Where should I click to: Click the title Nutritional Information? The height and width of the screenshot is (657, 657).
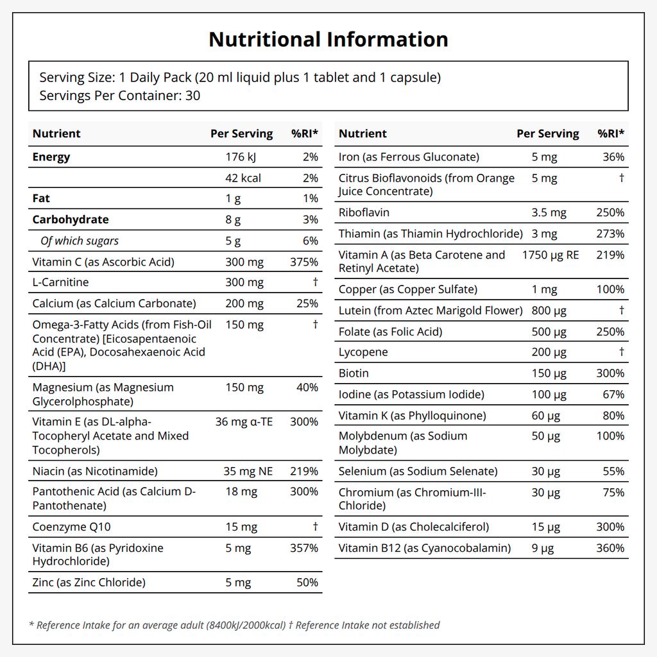point(328,39)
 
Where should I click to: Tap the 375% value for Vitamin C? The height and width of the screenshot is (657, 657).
point(304,262)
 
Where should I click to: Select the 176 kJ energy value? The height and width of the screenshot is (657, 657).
point(241,157)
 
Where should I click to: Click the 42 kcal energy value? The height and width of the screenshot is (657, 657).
point(243,178)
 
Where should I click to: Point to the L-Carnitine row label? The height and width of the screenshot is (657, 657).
point(60,282)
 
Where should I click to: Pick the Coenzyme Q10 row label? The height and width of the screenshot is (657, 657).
point(71,527)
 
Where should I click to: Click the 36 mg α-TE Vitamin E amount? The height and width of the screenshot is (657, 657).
point(244,422)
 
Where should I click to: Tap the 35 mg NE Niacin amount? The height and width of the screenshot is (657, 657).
point(248,471)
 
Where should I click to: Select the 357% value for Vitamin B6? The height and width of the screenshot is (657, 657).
point(304,548)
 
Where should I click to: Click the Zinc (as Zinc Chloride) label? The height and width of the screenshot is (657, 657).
point(89,583)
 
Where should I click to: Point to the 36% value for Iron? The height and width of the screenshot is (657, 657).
point(613,157)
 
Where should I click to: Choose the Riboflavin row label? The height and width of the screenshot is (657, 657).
point(364,212)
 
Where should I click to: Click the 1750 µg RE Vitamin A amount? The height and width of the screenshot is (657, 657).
point(550,255)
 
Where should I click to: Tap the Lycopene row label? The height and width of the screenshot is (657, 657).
point(363,352)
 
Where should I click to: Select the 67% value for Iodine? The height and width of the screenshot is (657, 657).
point(613,395)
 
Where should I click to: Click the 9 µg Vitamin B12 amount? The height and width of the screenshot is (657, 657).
point(543,548)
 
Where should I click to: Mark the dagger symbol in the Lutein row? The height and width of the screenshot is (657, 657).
point(622,310)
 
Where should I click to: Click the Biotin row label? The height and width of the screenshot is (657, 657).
point(354,373)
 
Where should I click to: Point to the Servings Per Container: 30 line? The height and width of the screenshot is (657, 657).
point(120,96)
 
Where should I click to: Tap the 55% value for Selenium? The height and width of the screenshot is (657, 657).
point(613,471)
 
